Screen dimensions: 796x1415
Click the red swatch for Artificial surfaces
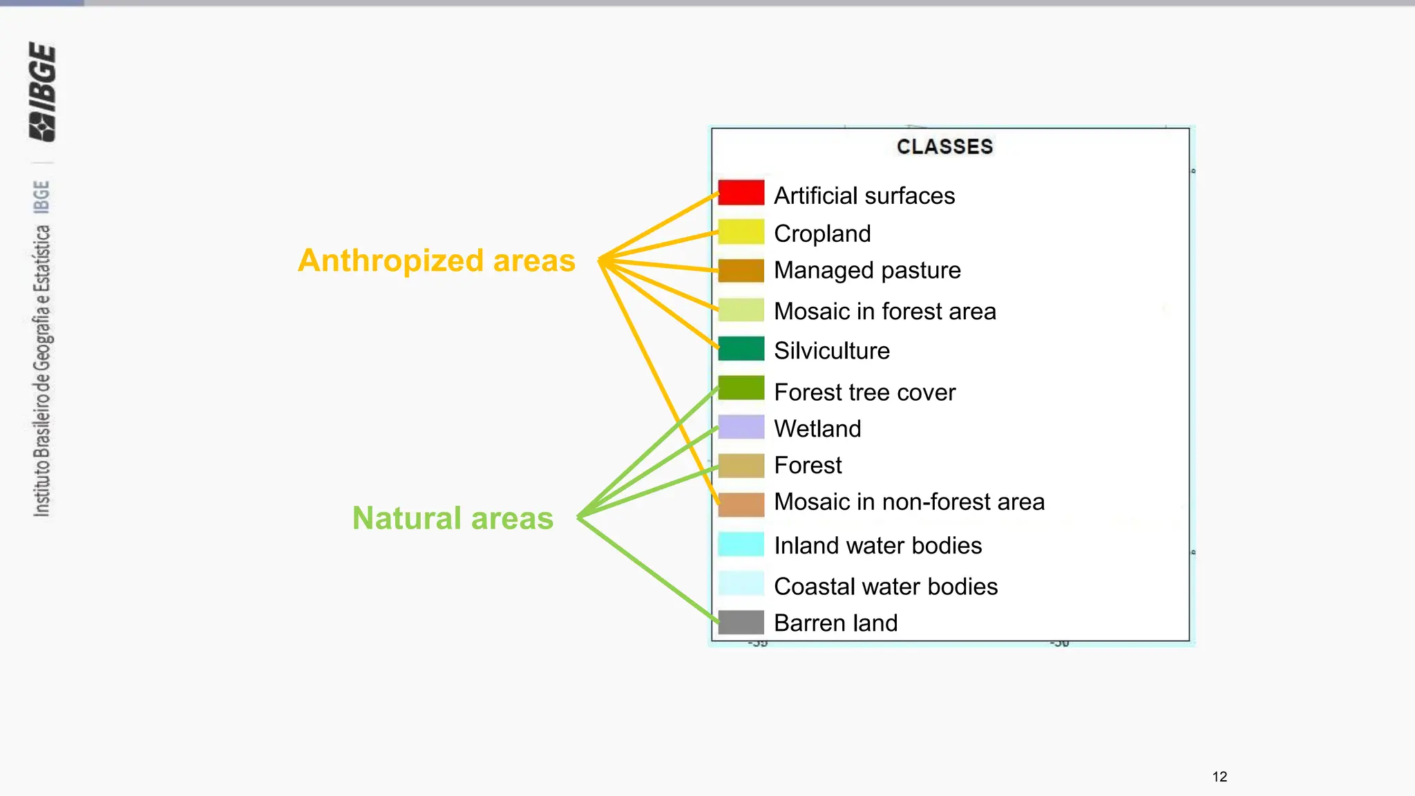[741, 193]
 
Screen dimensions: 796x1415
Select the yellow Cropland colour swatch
[741, 232]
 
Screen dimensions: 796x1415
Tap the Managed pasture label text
[867, 270]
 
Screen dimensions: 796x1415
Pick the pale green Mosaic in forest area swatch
[741, 310]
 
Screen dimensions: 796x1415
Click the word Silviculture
[831, 350]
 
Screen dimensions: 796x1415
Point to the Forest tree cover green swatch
[741, 388]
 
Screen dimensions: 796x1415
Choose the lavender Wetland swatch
[741, 427]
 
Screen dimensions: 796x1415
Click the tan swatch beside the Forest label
[741, 466]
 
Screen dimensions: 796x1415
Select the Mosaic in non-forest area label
[909, 502]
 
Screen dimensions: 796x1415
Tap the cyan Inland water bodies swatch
[741, 544]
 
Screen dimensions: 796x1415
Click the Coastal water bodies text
[885, 586]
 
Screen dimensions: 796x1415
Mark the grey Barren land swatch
[741, 622]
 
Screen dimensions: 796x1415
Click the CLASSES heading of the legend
[944, 146]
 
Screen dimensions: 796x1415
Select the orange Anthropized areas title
[436, 260]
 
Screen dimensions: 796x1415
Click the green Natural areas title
[453, 518]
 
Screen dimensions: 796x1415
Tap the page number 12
[1219, 777]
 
